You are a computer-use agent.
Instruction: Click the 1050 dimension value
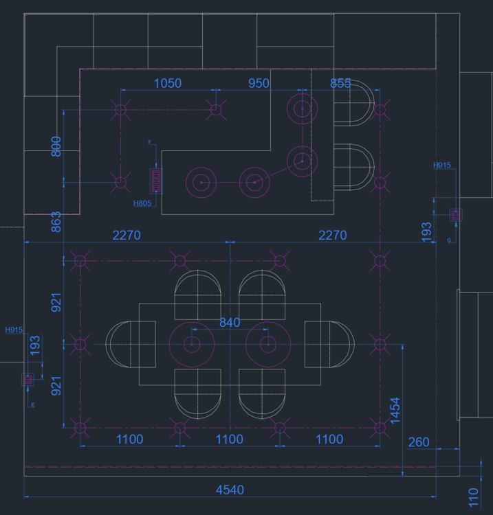(x=167, y=83)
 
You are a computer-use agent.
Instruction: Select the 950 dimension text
(x=259, y=83)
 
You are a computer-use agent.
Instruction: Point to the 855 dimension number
(x=340, y=83)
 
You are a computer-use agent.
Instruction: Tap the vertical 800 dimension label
(x=56, y=146)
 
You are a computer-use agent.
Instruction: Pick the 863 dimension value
(x=56, y=221)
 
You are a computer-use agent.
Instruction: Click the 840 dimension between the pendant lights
(x=230, y=323)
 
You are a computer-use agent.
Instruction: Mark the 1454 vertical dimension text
(x=394, y=410)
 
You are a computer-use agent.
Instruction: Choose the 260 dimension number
(x=418, y=442)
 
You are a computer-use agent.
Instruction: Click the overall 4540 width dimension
(x=230, y=490)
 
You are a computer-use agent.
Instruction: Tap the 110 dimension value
(x=473, y=495)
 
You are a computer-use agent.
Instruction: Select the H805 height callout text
(x=142, y=203)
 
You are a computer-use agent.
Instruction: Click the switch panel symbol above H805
(x=156, y=181)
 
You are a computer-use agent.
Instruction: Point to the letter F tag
(x=149, y=141)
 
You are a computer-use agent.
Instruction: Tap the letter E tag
(x=32, y=405)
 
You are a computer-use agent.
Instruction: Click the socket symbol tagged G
(x=455, y=215)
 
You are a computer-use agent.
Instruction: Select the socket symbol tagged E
(x=28, y=379)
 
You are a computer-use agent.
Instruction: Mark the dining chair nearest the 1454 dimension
(x=331, y=343)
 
